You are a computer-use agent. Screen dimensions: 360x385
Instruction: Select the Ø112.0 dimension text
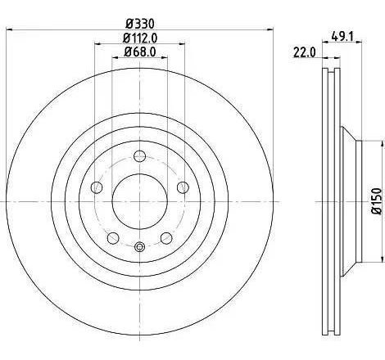(x=140, y=38)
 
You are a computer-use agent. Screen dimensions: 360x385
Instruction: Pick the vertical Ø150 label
(x=376, y=200)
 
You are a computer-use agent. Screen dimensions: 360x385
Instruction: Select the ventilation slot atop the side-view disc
(x=332, y=78)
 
